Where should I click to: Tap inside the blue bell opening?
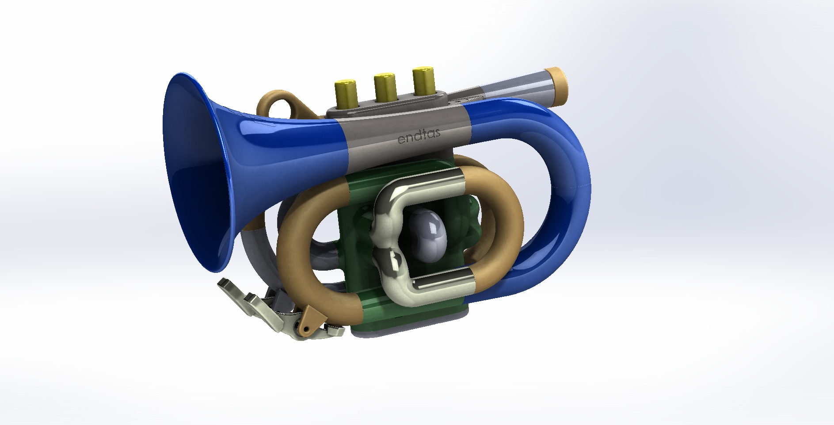(194, 177)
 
